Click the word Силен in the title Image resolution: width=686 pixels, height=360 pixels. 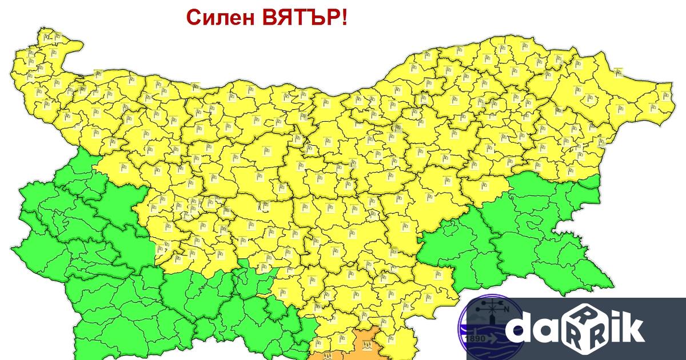pos(221,18)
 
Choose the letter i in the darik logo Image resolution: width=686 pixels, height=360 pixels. pos(612,328)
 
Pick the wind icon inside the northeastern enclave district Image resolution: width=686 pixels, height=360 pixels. pos(619,73)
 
